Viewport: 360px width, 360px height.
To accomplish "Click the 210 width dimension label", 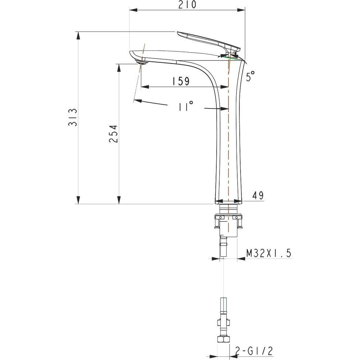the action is (x=187, y=5).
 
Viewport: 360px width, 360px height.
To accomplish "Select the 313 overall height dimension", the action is (x=73, y=117).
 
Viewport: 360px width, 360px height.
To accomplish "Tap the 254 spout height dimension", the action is (x=113, y=134).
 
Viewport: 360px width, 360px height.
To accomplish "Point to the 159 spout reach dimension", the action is (x=181, y=81).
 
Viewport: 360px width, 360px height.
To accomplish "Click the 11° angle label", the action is (x=186, y=106).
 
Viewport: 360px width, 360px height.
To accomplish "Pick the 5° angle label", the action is (x=250, y=76).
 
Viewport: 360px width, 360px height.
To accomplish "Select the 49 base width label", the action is (x=258, y=195).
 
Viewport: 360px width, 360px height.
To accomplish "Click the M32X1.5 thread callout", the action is (x=269, y=253).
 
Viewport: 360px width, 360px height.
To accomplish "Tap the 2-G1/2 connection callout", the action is (x=254, y=351).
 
